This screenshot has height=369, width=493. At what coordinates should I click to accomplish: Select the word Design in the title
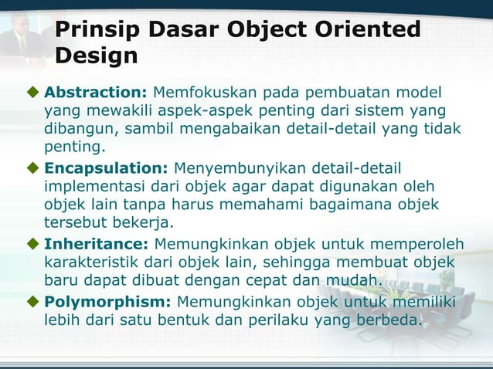[97, 56]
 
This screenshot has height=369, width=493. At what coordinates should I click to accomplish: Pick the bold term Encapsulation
[106, 168]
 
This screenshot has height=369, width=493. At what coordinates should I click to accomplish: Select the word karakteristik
[97, 262]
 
